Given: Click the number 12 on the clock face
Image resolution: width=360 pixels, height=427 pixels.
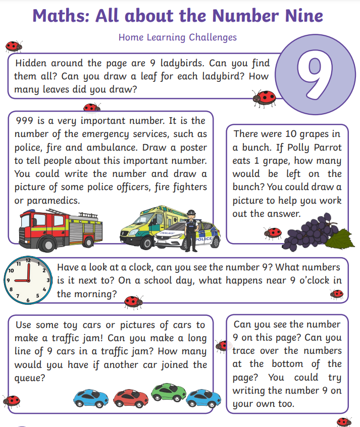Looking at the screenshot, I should tap(28, 261).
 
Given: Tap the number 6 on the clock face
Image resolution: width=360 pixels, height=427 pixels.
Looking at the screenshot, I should tap(28, 300).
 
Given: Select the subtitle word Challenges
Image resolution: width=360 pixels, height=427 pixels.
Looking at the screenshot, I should tap(213, 37).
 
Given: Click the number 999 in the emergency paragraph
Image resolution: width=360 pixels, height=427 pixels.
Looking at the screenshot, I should tap(25, 121).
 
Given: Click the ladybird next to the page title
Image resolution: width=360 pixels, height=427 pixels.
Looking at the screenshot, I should tap(14, 46).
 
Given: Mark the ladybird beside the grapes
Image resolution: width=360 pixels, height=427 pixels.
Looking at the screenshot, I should tap(273, 232).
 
